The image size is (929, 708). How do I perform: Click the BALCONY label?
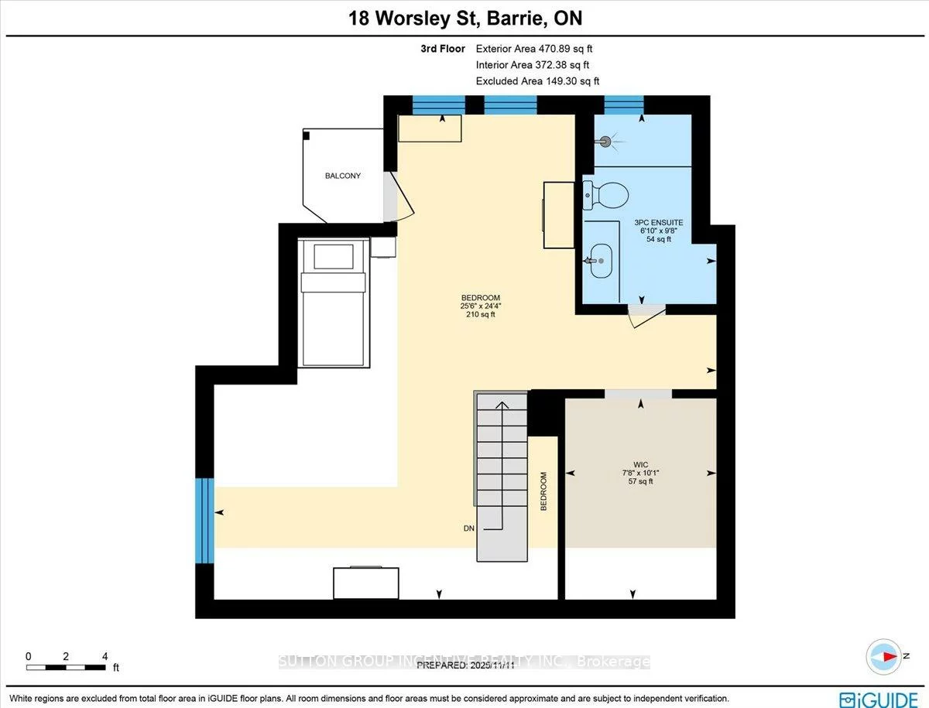[x=342, y=176]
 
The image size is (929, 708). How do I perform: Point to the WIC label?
[x=639, y=465]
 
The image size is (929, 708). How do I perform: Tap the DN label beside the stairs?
[x=468, y=528]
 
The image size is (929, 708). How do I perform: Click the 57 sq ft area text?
[x=639, y=482]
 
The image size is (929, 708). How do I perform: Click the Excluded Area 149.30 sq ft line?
[x=537, y=80]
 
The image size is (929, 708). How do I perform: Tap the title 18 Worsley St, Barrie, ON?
[x=464, y=18]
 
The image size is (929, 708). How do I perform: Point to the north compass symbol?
[x=882, y=657]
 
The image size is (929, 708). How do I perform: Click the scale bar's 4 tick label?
[x=104, y=656]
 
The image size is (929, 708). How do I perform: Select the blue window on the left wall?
[x=204, y=520]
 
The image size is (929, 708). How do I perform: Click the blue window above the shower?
[x=623, y=104]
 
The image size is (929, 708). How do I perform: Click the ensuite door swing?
[x=644, y=316]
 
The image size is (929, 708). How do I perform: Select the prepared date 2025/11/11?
[x=454, y=665]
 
